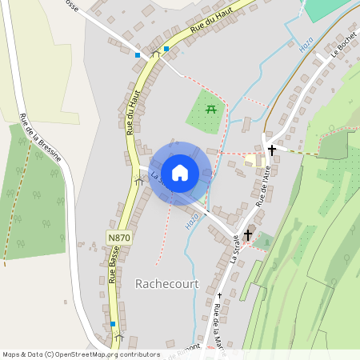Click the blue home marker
pyautogui.click(x=180, y=172)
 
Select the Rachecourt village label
pyautogui.click(x=166, y=283)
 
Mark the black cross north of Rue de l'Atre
pyautogui.click(x=272, y=150)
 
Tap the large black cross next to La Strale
pyautogui.click(x=248, y=235)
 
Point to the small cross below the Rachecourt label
pyautogui.click(x=219, y=296)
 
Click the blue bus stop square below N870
pyautogui.click(x=113, y=324)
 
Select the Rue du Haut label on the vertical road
pyautogui.click(x=128, y=117)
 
